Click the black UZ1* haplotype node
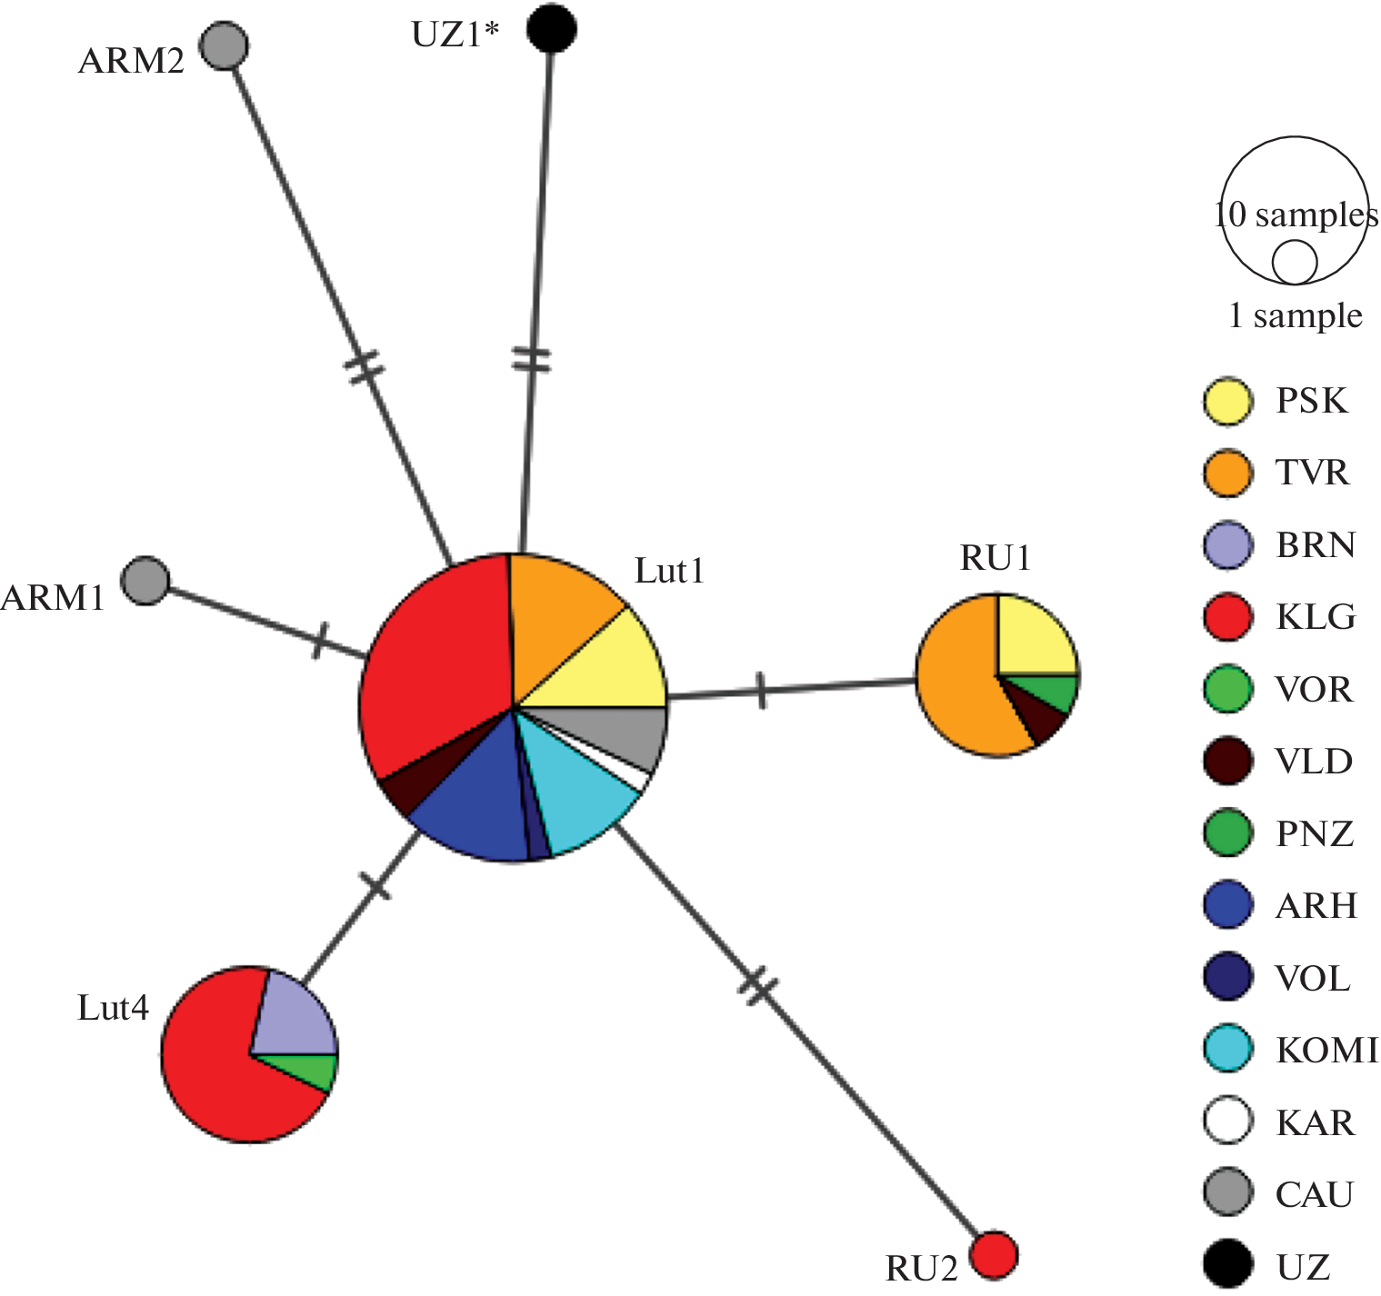coord(552,28)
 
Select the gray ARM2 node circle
coord(224,45)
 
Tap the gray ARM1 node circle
coord(145,580)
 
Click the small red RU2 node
coord(993,1255)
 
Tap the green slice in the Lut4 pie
coord(318,1070)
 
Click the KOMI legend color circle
coord(1227,1049)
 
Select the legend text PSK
coord(1311,401)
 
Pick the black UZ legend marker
coord(1227,1265)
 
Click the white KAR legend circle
coord(1227,1121)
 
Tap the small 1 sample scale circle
coord(1294,263)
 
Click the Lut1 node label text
coord(669,571)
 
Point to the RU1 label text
coord(996,558)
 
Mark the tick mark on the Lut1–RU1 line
coord(761,691)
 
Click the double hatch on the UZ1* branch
coord(532,359)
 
